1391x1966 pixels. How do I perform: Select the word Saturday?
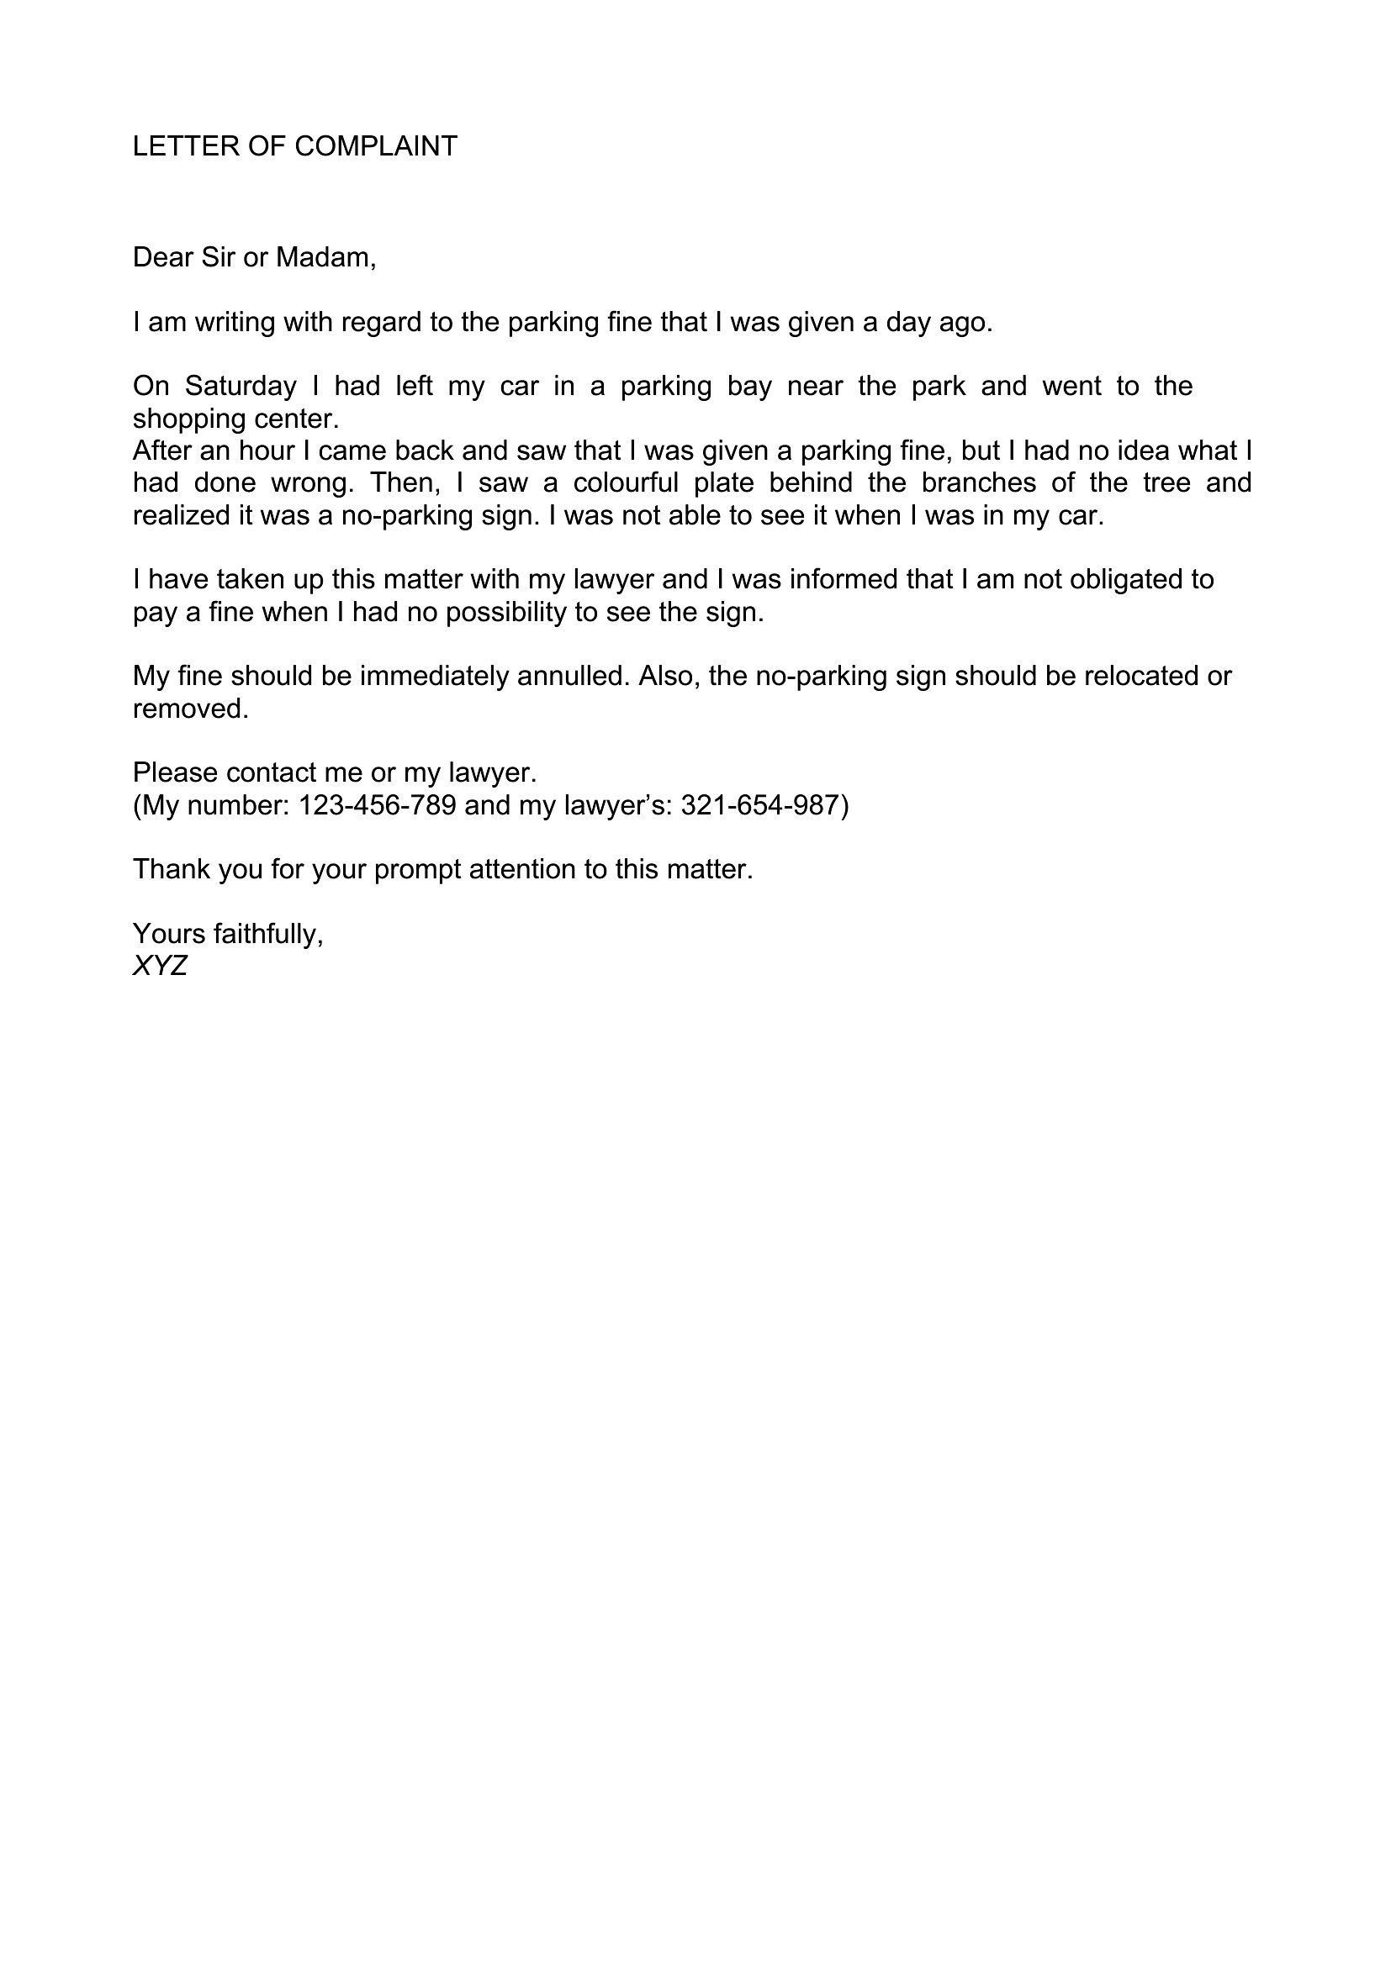click(240, 386)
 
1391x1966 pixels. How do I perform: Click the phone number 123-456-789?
click(377, 805)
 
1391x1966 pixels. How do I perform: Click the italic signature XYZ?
click(160, 966)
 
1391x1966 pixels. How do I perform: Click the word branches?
click(979, 483)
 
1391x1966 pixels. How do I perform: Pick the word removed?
click(190, 708)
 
